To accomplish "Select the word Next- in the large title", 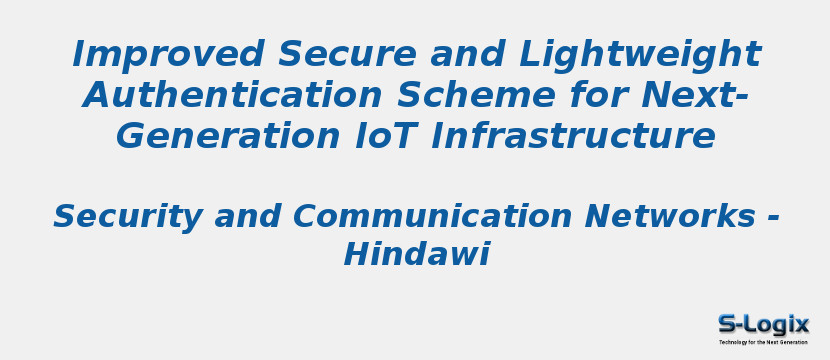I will coord(700,95).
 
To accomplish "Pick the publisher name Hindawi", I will coord(416,255).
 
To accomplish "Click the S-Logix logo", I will coord(763,324).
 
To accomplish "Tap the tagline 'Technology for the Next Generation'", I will coord(763,342).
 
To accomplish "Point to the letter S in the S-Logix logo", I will coord(728,324).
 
